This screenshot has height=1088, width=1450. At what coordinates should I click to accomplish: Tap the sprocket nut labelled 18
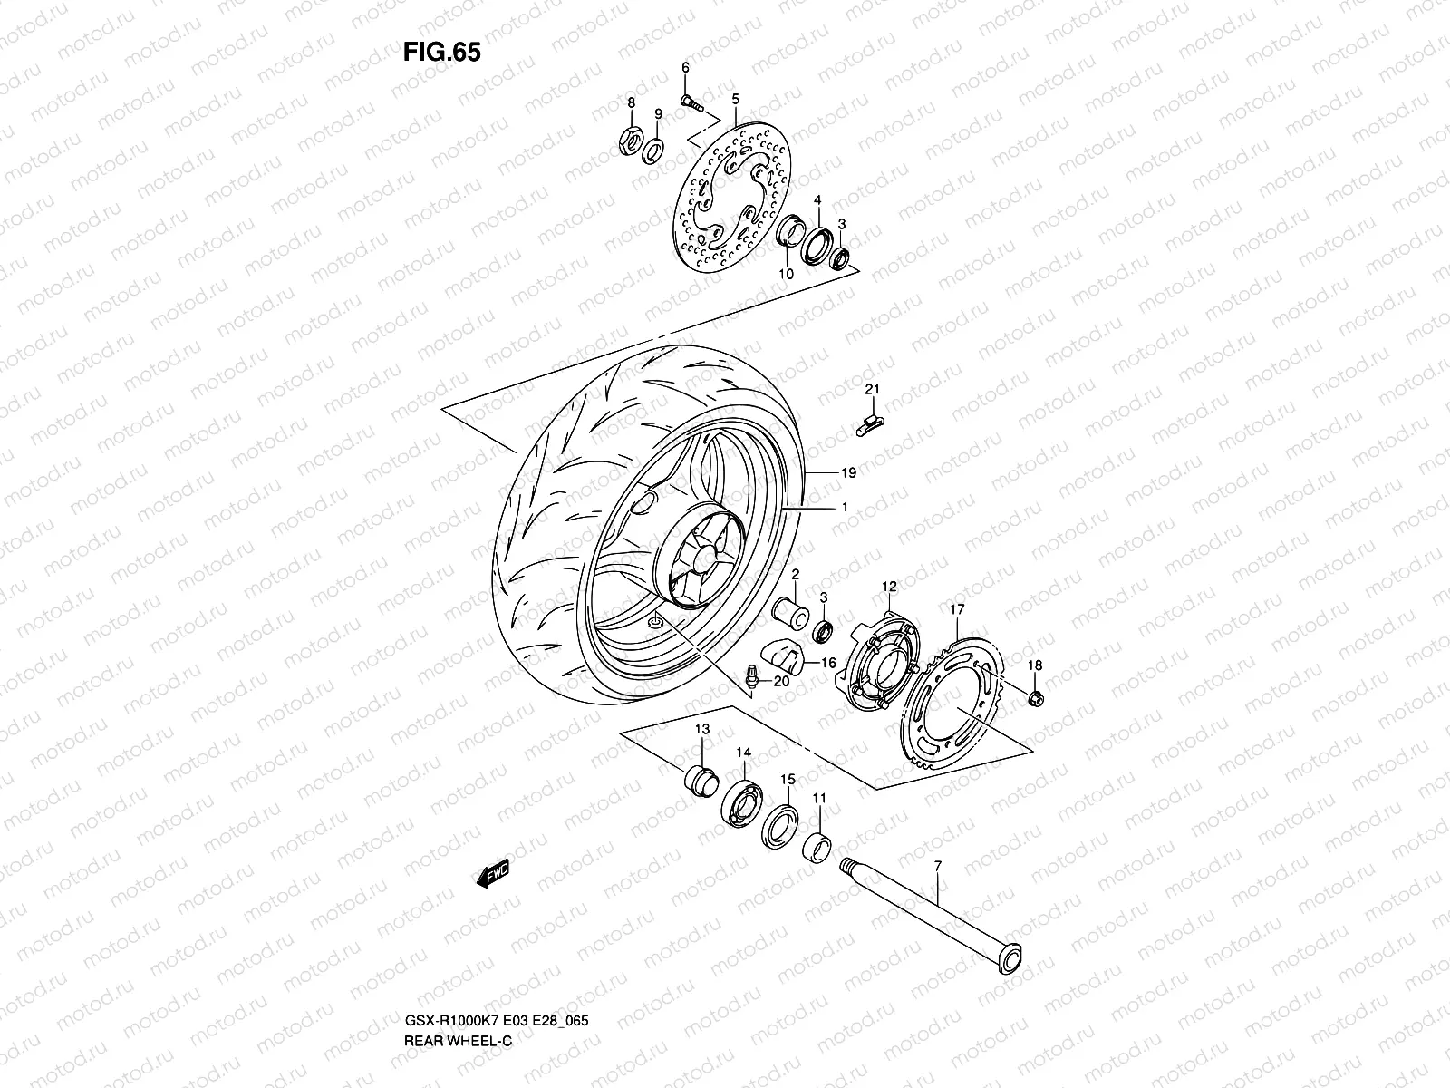click(1034, 697)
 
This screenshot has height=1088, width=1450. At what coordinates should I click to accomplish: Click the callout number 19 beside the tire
click(847, 473)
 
